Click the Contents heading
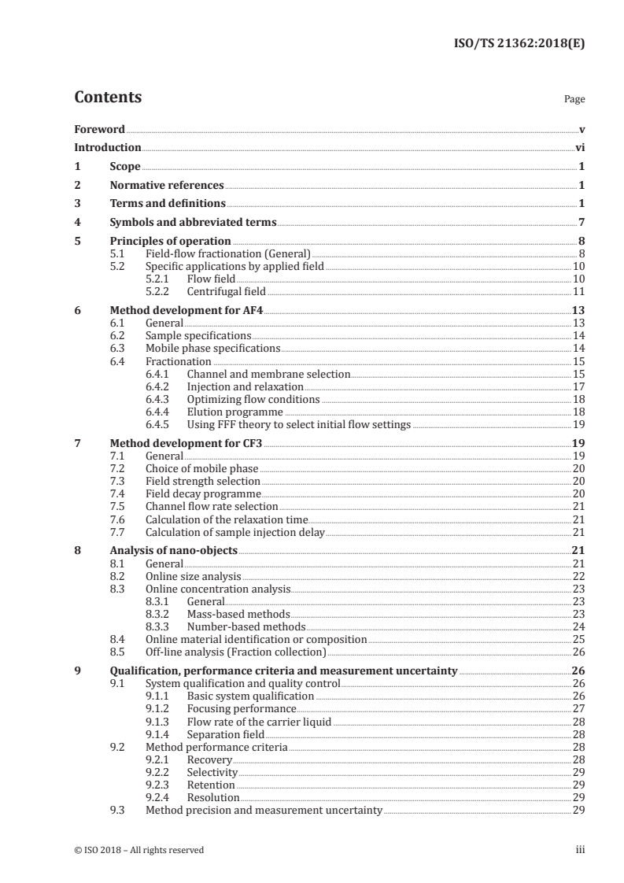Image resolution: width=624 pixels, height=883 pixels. coord(108,98)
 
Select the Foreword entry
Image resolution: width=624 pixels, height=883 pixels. coord(99,129)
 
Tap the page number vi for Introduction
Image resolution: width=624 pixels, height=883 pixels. coord(580,147)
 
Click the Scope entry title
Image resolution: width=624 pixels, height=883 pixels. coord(125,166)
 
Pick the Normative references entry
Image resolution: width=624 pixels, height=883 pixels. coord(167,185)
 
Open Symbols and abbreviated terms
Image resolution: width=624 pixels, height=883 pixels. coord(193,222)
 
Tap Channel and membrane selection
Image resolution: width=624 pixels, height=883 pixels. coord(268,374)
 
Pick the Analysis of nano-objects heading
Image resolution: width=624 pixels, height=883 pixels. coord(173,552)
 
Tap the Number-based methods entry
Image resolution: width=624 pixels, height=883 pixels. coord(246,627)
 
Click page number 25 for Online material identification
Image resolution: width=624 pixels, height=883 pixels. coord(578,640)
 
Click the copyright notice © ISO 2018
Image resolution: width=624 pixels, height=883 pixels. coord(138,850)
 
